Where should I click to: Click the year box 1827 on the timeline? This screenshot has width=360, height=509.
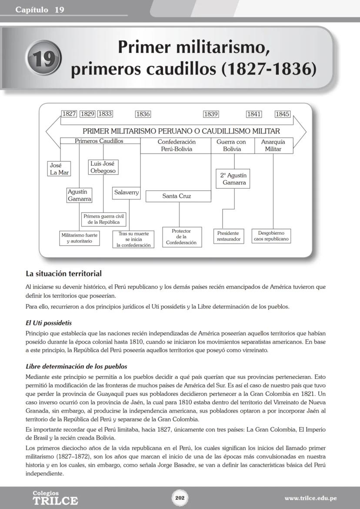pyautogui.click(x=69, y=114)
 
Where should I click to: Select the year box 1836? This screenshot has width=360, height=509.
pyautogui.click(x=143, y=114)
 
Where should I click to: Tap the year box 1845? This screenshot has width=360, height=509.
pyautogui.click(x=282, y=114)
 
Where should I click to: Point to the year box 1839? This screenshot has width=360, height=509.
pyautogui.click(x=211, y=114)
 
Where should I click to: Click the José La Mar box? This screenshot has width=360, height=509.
pyautogui.click(x=59, y=169)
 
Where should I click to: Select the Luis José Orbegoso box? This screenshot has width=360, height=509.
pyautogui.click(x=103, y=167)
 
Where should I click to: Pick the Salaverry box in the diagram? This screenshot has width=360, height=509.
pyautogui.click(x=127, y=193)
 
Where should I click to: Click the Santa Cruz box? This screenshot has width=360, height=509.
pyautogui.click(x=178, y=196)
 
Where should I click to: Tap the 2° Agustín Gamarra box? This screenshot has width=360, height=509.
pyautogui.click(x=233, y=179)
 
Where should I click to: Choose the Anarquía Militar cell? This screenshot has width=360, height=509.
pyautogui.click(x=273, y=146)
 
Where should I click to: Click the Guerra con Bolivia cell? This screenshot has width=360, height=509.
pyautogui.click(x=234, y=146)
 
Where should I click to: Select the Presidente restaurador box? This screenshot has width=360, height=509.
pyautogui.click(x=229, y=236)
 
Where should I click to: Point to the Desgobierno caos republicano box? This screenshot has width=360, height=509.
pyautogui.click(x=271, y=236)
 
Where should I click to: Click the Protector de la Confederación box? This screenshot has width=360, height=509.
pyautogui.click(x=181, y=237)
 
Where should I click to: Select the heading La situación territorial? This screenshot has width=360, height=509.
pyautogui.click(x=63, y=274)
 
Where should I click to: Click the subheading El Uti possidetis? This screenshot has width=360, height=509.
pyautogui.click(x=49, y=323)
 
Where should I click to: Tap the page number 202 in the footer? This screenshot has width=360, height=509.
pyautogui.click(x=180, y=498)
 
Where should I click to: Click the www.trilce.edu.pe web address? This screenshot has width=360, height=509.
pyautogui.click(x=310, y=498)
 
